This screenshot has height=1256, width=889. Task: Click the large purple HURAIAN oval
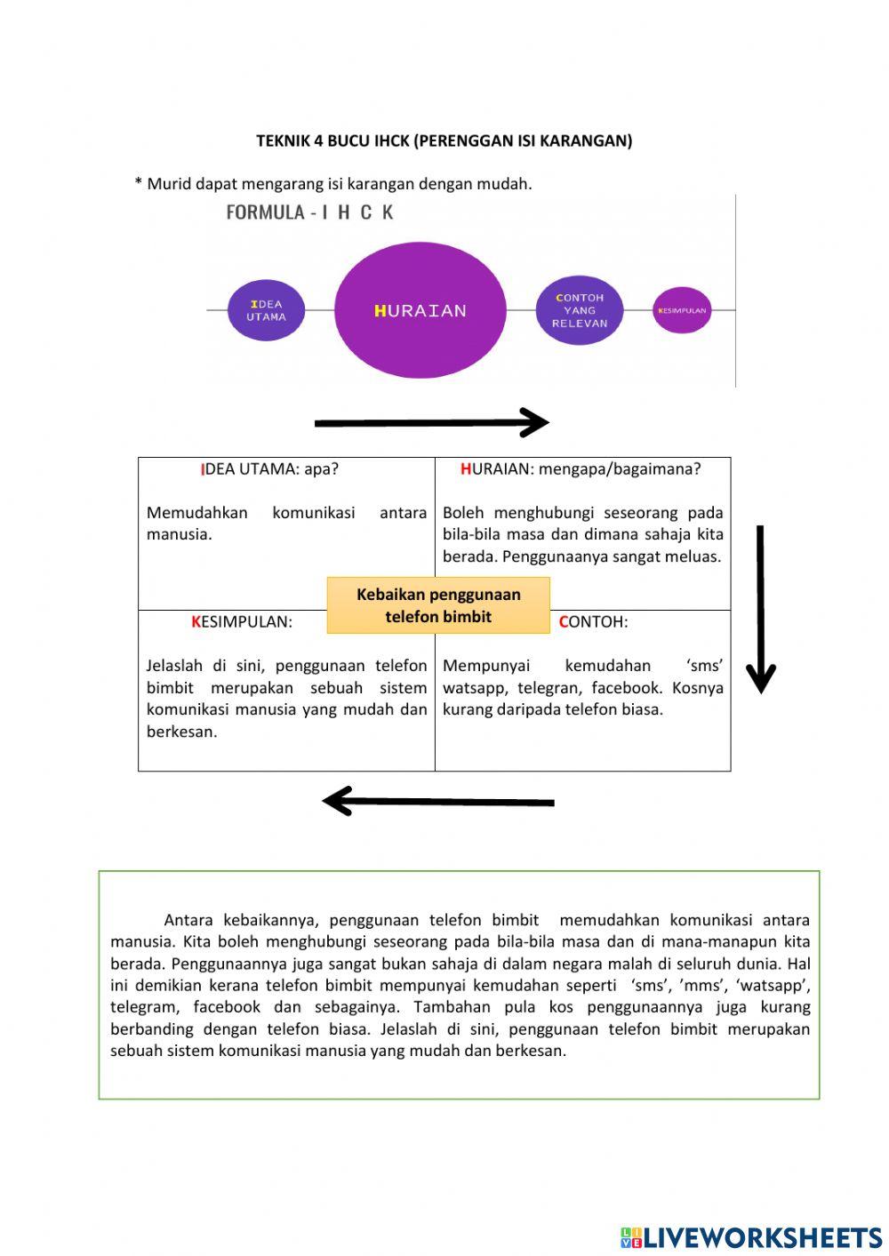tap(420, 310)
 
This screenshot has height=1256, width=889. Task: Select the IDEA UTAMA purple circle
tap(266, 310)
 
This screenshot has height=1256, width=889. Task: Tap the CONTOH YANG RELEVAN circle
tap(579, 310)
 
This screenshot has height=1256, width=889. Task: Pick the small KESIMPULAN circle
tap(682, 310)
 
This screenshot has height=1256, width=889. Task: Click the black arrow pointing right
tap(432, 423)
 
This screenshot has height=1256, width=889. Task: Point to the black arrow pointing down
tap(760, 609)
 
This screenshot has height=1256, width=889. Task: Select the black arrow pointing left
tap(438, 801)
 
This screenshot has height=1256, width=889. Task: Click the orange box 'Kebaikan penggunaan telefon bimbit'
tap(438, 605)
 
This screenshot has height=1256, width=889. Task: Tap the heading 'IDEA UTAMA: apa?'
tap(270, 469)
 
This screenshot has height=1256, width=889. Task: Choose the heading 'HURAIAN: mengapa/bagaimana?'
tap(581, 469)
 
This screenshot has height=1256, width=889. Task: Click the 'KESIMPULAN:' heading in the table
tap(242, 622)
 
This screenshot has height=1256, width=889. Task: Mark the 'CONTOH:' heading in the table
tap(593, 622)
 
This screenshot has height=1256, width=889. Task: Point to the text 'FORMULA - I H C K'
tap(309, 212)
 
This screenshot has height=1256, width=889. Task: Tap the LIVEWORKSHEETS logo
tap(751, 1236)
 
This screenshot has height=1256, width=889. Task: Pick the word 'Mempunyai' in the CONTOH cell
tap(486, 666)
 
